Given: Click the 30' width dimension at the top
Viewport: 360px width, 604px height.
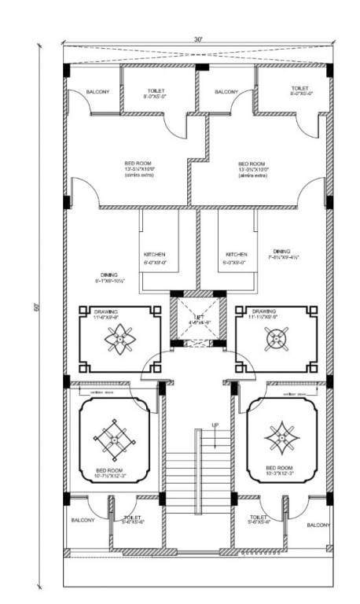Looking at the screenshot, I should point(199,38).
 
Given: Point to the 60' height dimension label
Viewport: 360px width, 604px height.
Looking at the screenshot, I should point(36,308).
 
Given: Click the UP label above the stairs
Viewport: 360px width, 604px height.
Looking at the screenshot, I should point(215,426).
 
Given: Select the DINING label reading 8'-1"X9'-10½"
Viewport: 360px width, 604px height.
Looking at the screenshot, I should point(111,278).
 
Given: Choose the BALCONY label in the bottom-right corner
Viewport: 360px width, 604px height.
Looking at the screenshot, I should point(318,524).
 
